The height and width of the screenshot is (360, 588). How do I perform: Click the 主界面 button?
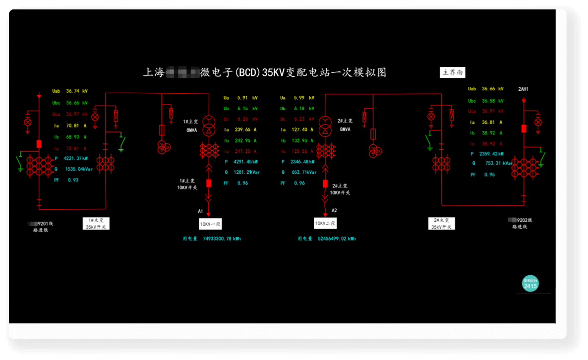coord(453,72)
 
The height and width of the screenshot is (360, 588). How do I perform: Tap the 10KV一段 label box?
coord(210,224)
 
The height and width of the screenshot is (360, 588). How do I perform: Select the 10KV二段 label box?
coord(325,224)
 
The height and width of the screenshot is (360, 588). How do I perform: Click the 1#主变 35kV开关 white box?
coord(96,223)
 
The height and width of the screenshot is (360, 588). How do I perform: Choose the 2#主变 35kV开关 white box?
coord(441,223)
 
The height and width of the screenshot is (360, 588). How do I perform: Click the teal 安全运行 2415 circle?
coord(530,284)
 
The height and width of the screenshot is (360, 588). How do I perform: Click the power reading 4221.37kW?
coord(75,159)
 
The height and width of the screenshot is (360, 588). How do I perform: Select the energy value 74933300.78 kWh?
coord(222,239)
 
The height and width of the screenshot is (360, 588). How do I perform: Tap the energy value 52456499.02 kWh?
coord(337,239)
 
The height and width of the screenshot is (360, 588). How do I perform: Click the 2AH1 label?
coord(524,89)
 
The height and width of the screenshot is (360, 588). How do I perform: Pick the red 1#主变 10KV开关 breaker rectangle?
coord(209,183)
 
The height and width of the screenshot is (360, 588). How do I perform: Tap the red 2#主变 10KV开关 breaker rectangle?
coord(325,183)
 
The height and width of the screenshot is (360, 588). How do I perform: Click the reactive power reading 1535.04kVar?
coord(78,169)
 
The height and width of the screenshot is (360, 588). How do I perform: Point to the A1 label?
coord(201,211)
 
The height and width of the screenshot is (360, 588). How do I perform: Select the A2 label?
coord(334,210)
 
